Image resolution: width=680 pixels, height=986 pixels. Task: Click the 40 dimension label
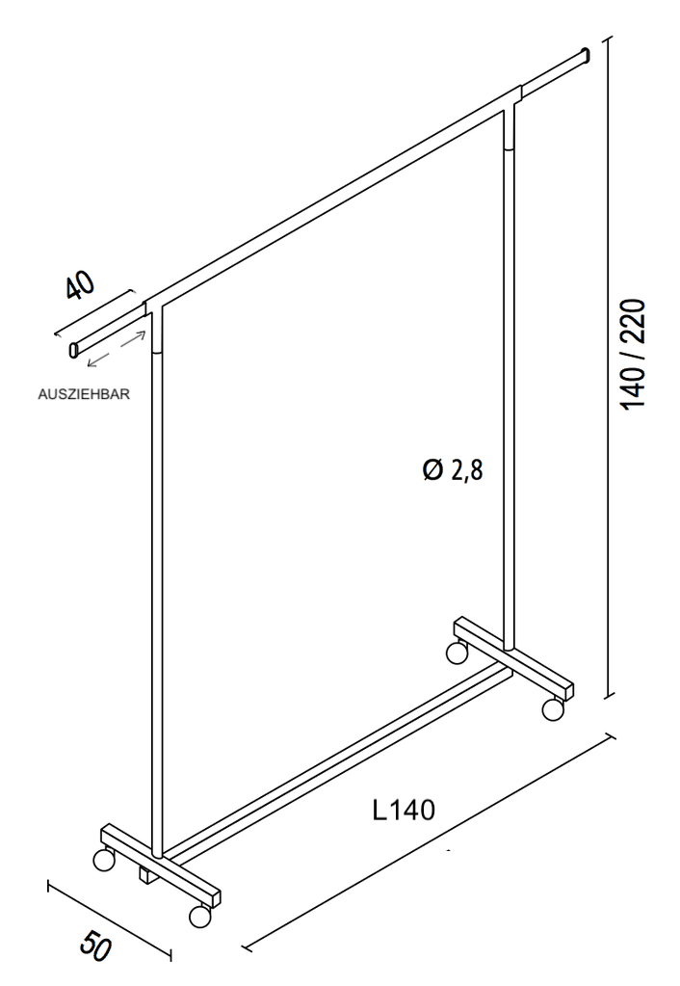coord(80,288)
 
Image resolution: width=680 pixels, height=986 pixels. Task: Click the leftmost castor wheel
coord(103,860)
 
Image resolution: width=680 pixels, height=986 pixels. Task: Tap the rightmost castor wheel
coord(552,709)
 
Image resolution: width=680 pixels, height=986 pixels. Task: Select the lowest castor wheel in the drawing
coord(199,917)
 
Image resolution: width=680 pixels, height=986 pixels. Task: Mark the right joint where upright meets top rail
coord(512,100)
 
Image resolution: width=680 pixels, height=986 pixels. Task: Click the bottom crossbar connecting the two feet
coord(337,761)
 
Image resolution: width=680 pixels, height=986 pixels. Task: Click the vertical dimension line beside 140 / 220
coord(608,366)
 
